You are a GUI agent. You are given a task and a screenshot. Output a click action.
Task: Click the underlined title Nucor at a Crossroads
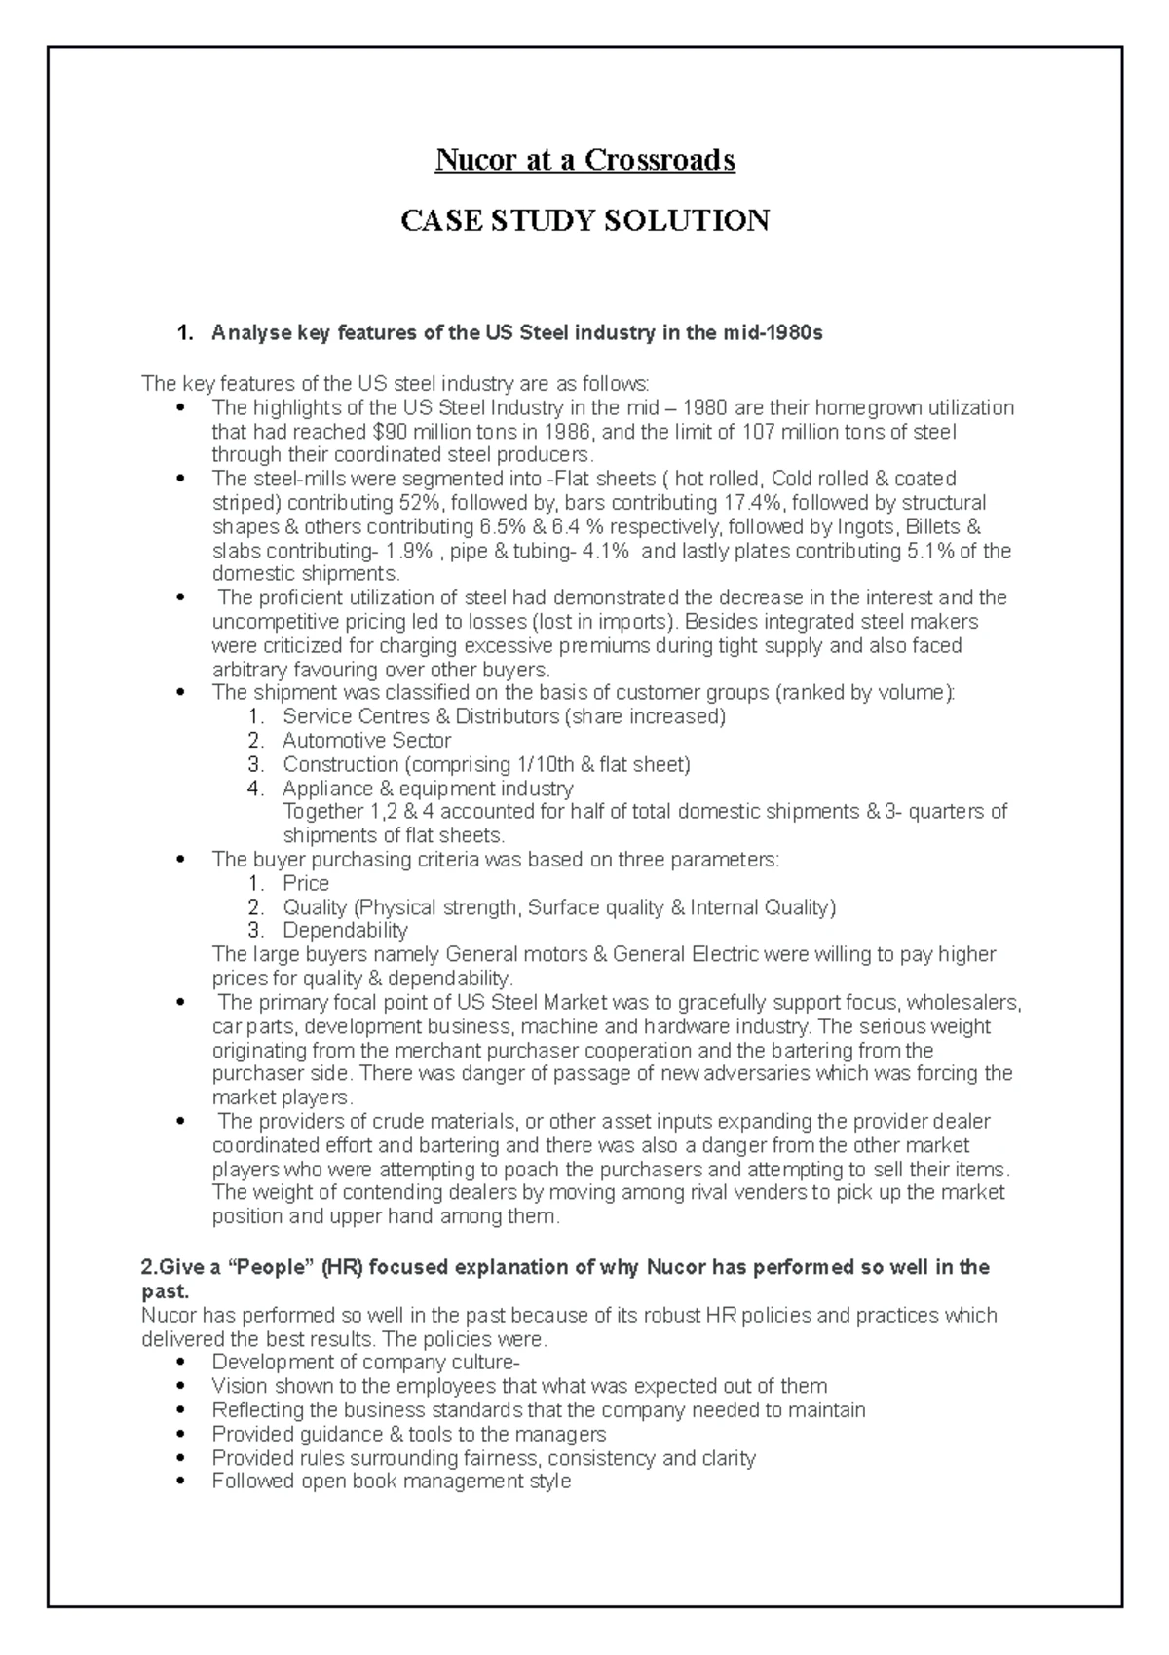tap(584, 159)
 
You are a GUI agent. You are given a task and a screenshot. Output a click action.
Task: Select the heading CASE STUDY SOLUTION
tap(584, 220)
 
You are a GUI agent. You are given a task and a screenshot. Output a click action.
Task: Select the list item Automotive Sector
tap(366, 741)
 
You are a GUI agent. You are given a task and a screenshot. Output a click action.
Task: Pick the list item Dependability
tap(345, 931)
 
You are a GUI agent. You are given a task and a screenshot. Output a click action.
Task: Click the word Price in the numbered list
tap(306, 883)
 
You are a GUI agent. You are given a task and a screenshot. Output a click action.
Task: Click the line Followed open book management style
tap(391, 1482)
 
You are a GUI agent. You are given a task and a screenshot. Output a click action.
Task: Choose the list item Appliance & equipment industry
tap(428, 789)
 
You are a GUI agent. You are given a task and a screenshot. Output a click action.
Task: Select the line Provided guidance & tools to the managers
tap(408, 1434)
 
